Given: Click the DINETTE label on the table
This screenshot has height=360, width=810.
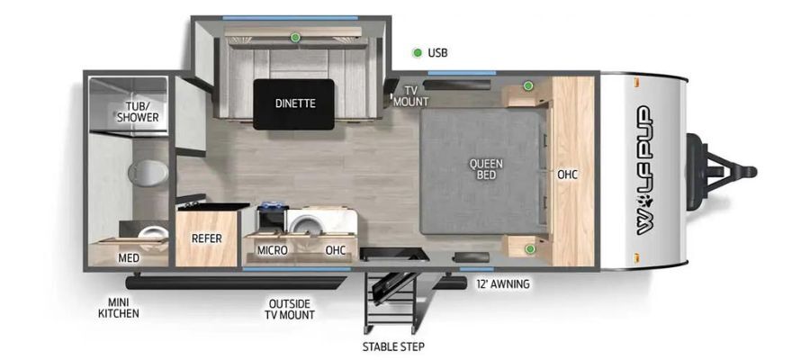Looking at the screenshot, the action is [x=295, y=103].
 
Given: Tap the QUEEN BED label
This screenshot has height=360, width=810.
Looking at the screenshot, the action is [x=486, y=169].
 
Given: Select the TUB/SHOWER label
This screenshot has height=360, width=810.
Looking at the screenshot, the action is [x=138, y=112].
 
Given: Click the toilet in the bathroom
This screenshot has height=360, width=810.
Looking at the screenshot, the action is [x=148, y=172].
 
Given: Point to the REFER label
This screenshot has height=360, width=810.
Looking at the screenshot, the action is [x=207, y=238].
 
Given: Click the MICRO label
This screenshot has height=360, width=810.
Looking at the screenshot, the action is [x=272, y=250].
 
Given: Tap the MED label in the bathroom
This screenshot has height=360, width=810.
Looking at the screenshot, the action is [x=129, y=257].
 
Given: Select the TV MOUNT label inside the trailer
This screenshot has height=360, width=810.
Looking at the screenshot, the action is [x=410, y=96].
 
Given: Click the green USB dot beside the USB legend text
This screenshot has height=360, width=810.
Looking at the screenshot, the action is [x=417, y=53].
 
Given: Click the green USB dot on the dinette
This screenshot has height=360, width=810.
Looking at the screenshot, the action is [x=295, y=37].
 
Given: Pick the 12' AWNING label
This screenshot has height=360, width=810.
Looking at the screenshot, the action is [x=502, y=283].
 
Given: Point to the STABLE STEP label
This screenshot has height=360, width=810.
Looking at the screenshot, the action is [x=393, y=346].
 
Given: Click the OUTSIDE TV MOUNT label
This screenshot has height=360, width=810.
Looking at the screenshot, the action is [x=289, y=309].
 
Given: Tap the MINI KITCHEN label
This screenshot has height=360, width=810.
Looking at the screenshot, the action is [x=118, y=307].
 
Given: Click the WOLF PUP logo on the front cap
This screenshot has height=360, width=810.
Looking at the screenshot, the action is [x=643, y=170].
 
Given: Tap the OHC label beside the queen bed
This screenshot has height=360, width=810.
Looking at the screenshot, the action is [x=567, y=175].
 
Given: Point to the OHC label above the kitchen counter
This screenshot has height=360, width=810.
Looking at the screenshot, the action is [x=336, y=250].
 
